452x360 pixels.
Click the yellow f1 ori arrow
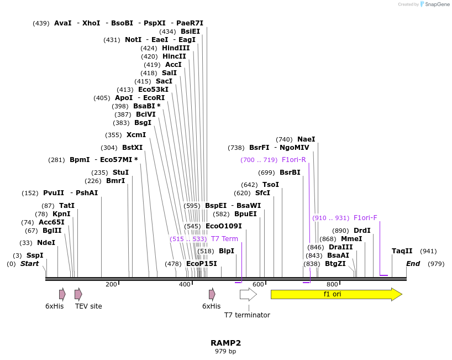coord(335,294)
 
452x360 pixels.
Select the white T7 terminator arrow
coord(248,294)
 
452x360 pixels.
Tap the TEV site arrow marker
coord(78,294)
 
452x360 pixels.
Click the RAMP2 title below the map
coord(225,343)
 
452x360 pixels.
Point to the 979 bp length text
coord(225,352)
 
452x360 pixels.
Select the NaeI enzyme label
coord(306,139)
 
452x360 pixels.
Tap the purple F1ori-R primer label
coord(294,160)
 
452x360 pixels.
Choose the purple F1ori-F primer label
coord(365,218)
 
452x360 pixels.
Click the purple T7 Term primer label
coord(224,239)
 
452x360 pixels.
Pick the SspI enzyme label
coord(35,255)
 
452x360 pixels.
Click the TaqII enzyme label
coord(402,251)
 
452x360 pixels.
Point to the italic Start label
coord(30,264)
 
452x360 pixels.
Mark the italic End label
coord(413,264)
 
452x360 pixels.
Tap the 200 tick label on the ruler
coord(111,284)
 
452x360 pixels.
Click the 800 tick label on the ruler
coord(333,284)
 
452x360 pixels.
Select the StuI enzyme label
coord(120,173)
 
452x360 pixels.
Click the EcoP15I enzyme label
coord(202,264)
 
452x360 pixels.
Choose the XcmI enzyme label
coord(136,135)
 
